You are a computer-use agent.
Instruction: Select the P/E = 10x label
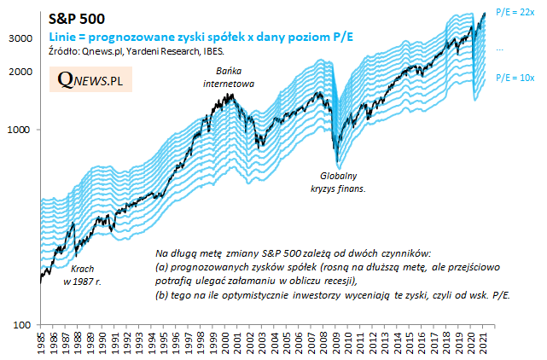click(x=514, y=78)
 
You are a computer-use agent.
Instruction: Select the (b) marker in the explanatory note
click(x=162, y=294)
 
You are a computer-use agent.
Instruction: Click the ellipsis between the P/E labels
click(x=500, y=50)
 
